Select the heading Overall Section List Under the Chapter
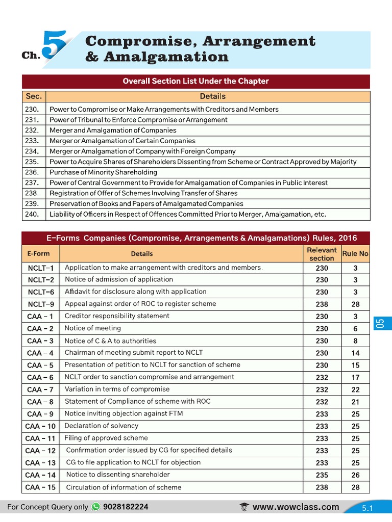point(195,81)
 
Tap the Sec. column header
point(34,96)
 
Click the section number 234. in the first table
point(32,151)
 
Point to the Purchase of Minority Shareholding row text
point(103,172)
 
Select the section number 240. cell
point(32,214)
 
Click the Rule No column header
point(355,253)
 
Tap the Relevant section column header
point(322,254)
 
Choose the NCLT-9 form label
point(41,304)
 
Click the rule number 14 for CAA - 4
point(355,353)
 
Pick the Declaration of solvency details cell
point(101,426)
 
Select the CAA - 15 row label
point(40,487)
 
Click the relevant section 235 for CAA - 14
point(322,475)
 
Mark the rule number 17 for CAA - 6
point(355,377)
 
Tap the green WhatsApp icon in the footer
point(96,507)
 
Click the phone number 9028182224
point(126,507)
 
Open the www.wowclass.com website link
point(296,507)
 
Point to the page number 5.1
point(367,508)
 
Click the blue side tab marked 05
point(379,323)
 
